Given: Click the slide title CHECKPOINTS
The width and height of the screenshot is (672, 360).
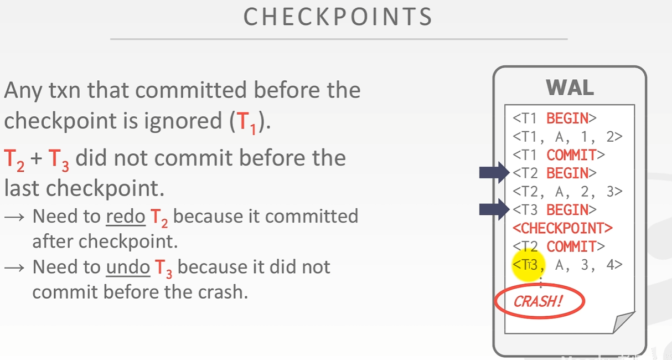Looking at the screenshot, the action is coord(338,18).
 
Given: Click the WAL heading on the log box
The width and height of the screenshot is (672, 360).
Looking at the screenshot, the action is coord(570,88).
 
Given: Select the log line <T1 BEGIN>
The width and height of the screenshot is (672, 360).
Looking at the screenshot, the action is coord(554,118).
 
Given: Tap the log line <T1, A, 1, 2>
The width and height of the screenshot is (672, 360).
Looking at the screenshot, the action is coord(567,136).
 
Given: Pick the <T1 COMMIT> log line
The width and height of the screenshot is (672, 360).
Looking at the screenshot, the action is coord(559,155).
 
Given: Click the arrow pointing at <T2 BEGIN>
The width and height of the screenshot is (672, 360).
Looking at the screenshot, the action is coord(494,173).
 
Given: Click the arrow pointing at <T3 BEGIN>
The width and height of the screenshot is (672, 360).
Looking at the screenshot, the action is coord(494,209).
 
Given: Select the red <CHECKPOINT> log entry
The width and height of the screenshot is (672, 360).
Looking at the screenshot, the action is coord(563,228).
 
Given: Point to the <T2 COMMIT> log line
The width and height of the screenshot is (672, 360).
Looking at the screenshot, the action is coord(559,246).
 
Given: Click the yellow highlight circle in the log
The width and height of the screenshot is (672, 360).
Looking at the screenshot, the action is coord(528,265).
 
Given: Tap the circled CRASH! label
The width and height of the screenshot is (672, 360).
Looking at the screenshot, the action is coord(538,302).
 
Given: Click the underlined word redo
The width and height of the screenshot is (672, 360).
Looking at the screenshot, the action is coord(125,215).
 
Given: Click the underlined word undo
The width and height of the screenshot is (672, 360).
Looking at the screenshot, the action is coord(127,267).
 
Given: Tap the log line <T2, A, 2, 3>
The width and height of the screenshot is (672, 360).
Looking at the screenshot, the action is coord(567,191).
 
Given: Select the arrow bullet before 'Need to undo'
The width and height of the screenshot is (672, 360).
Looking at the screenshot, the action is coord(14,268).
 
